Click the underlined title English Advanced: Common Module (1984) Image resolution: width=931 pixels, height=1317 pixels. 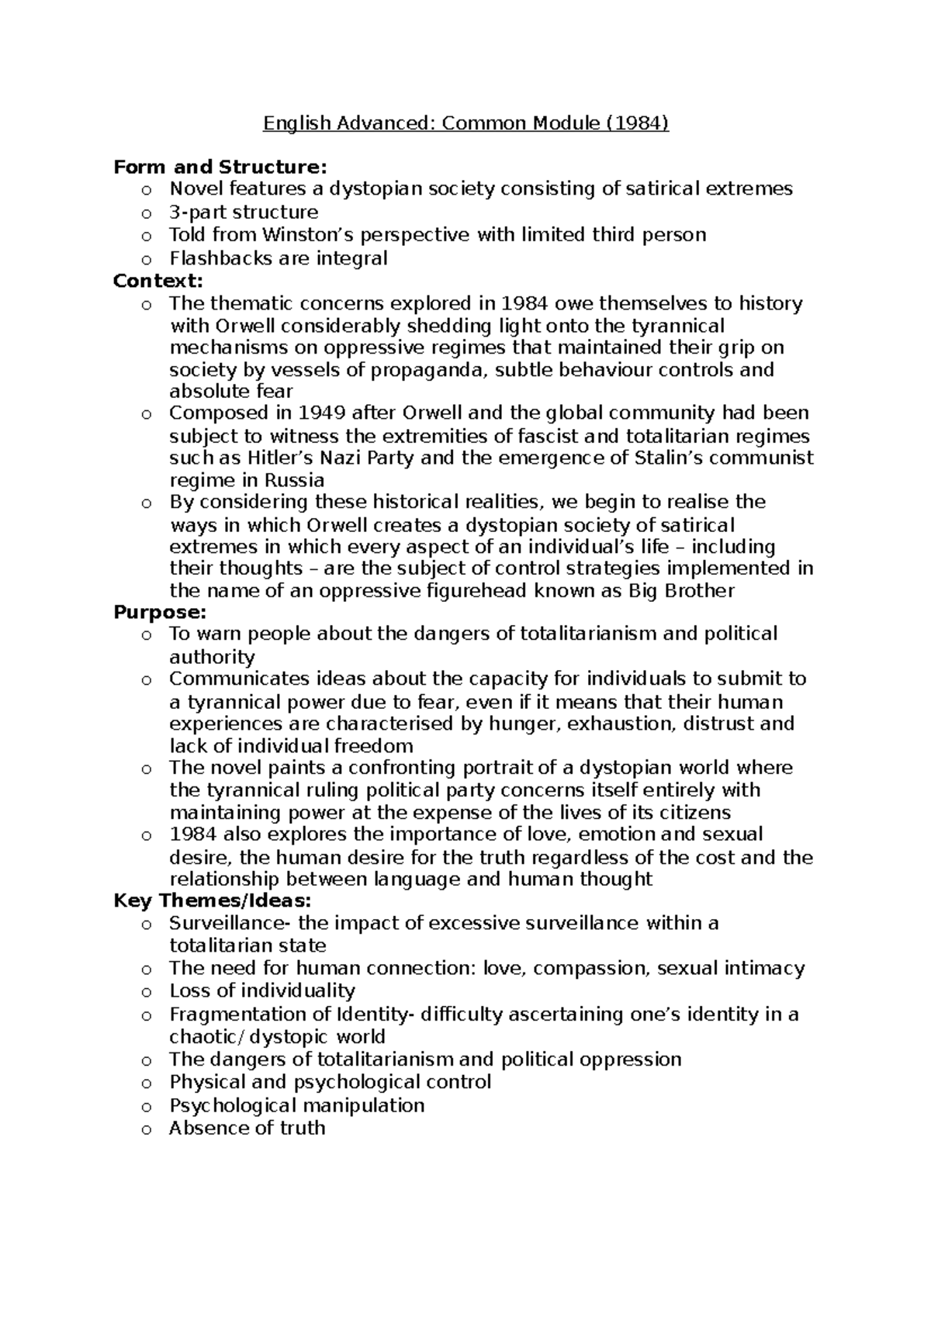point(465,123)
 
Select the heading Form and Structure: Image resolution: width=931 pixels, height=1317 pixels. point(220,167)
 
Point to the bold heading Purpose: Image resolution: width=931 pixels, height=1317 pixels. point(160,612)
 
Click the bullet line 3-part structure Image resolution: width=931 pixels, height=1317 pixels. point(244,213)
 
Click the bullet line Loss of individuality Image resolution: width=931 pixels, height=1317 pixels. point(262,991)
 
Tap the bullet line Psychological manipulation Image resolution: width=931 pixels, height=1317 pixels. point(296,1105)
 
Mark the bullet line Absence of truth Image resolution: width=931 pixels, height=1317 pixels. point(247,1128)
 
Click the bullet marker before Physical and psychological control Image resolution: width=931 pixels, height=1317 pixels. point(145,1084)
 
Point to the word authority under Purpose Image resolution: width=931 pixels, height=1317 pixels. point(212,658)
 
